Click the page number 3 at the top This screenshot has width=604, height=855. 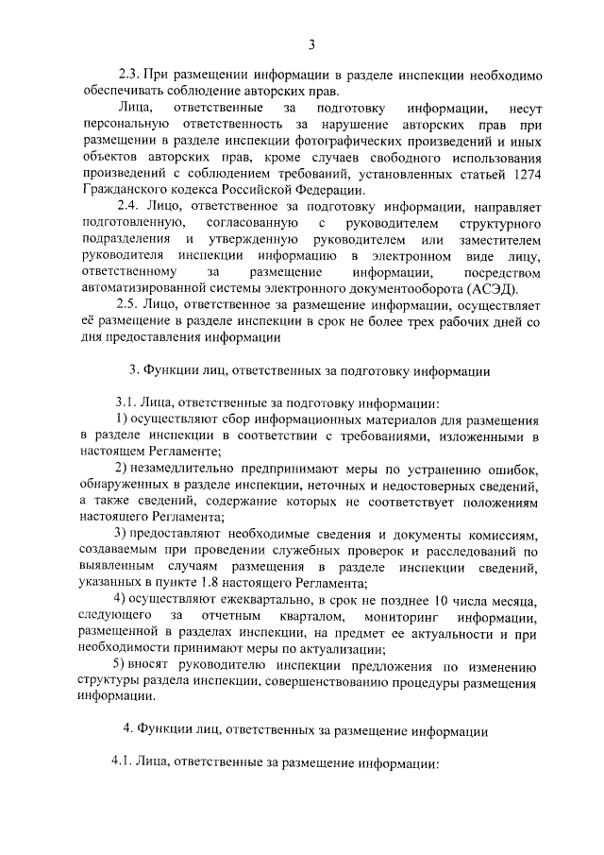pos(311,43)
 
